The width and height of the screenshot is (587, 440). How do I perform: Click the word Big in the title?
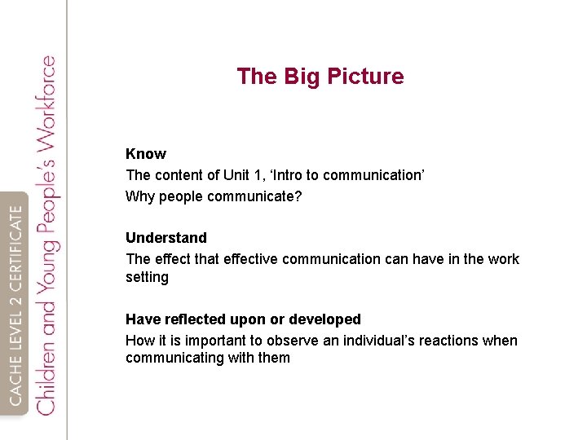300,77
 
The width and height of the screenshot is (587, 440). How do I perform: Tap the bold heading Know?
146,154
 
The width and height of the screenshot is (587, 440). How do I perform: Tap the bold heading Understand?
166,238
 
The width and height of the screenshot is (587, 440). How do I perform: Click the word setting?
147,277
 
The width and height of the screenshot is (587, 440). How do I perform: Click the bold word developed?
324,319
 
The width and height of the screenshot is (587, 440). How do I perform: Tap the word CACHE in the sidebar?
17,384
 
